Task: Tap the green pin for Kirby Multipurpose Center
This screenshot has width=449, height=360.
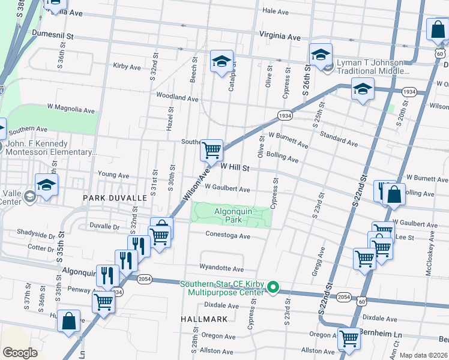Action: [273, 287]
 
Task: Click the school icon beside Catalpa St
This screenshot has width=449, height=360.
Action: [221, 61]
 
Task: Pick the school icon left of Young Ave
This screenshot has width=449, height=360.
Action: [46, 185]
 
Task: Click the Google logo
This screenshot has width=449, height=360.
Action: [20, 353]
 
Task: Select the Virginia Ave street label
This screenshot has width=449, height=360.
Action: [279, 37]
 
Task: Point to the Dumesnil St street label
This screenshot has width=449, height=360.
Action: [53, 35]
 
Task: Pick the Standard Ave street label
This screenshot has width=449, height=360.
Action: [339, 139]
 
